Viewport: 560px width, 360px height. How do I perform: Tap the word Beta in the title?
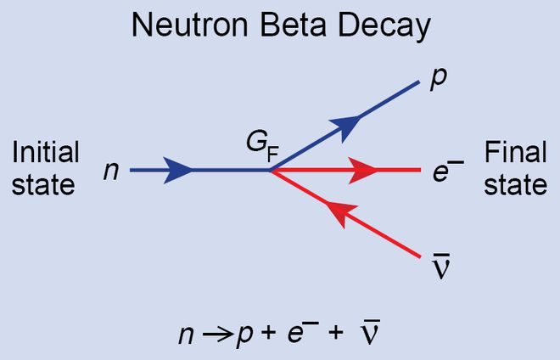[x=287, y=27]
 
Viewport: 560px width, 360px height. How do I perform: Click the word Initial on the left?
[x=46, y=153]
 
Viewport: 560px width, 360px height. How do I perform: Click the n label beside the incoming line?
[x=111, y=172]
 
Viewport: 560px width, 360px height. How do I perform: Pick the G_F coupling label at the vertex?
[x=261, y=145]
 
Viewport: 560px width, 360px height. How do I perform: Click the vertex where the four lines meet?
[x=271, y=171]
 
